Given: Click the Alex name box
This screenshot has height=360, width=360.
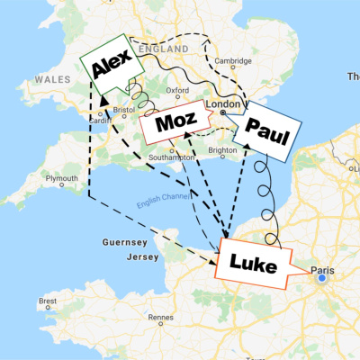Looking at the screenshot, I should click(109, 64).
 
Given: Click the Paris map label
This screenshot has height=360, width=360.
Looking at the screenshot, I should click(323, 268).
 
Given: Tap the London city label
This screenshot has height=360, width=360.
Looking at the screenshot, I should click(221, 105).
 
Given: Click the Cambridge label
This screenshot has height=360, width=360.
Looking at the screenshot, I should click(232, 62).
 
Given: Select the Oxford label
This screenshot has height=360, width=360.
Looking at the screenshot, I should click(177, 90).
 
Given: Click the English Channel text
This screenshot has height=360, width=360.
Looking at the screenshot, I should click(163, 204).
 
